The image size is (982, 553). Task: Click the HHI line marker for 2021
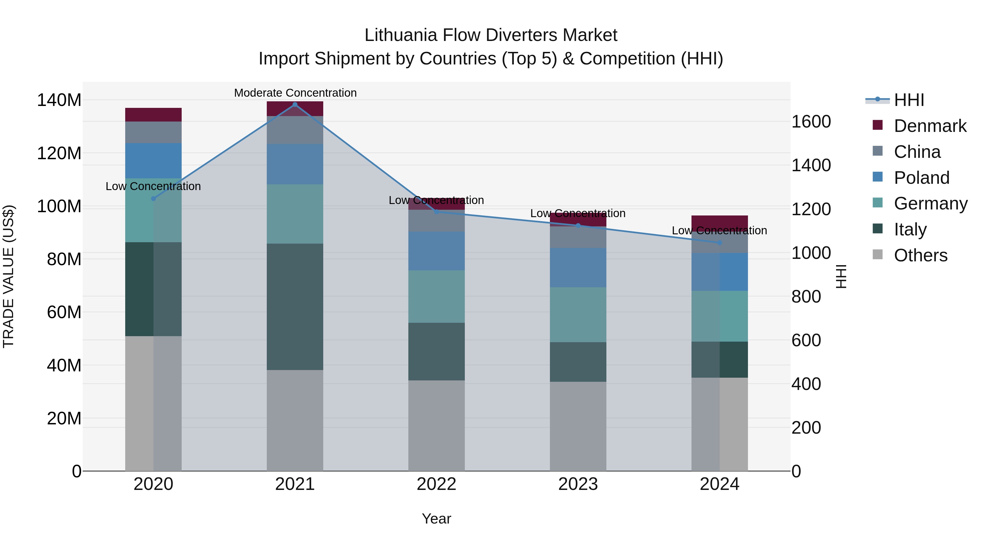pos(295,105)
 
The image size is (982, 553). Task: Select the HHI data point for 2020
pos(153,199)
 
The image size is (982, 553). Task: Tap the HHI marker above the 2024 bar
pos(719,243)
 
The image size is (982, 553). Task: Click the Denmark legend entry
pos(930,126)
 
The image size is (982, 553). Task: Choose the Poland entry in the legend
pos(921,178)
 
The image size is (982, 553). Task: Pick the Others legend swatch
pos(878,255)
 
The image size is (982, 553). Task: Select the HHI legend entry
pos(909,100)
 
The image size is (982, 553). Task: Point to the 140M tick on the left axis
pos(59,100)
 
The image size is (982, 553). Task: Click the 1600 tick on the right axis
pos(811,122)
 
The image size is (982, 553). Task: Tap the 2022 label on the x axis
pos(436,484)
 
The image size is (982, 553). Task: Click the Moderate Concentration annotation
pos(295,93)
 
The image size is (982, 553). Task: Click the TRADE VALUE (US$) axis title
pos(8,276)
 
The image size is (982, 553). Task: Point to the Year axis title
pos(436,519)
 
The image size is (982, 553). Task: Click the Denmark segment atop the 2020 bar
pos(153,114)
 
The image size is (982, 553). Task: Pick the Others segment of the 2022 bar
pos(436,425)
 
